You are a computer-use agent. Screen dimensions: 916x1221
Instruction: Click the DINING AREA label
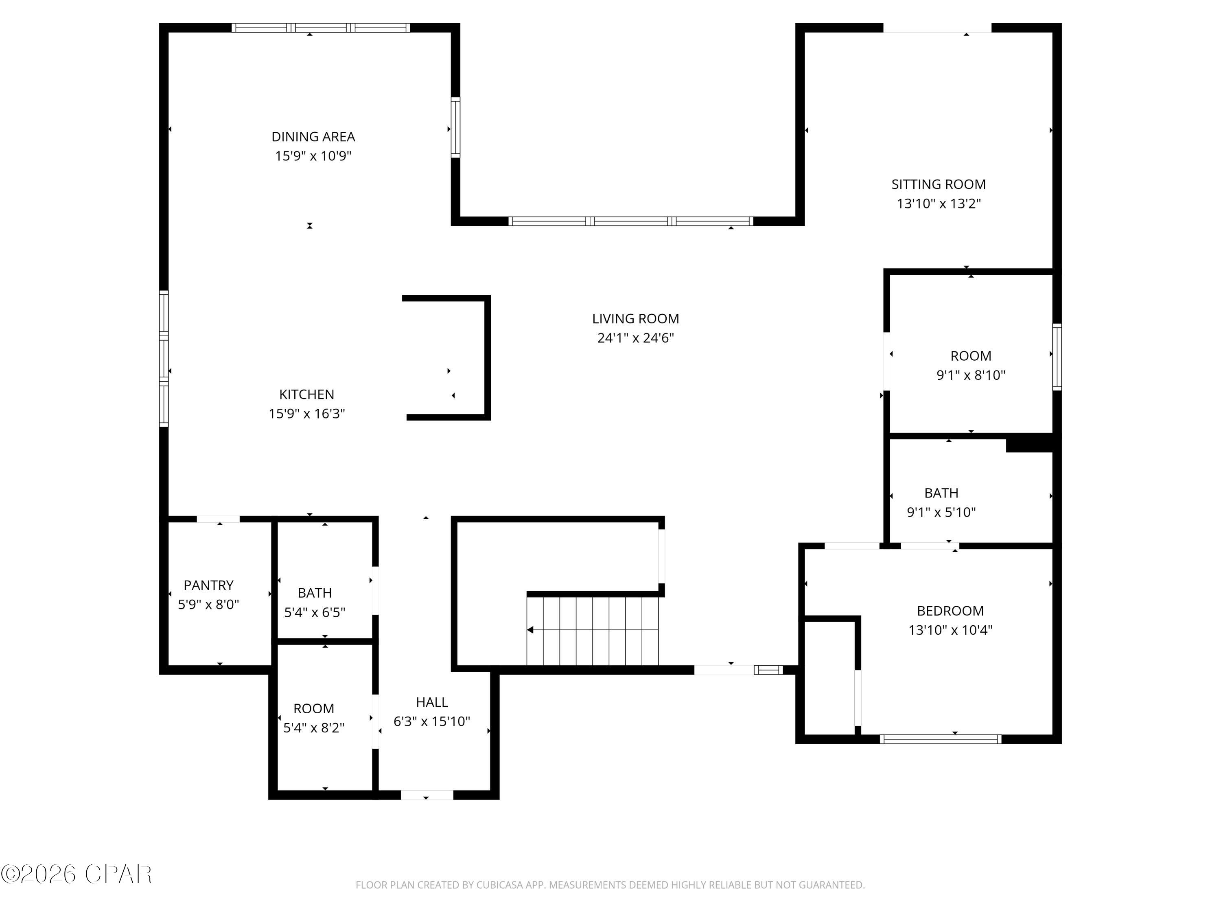(313, 136)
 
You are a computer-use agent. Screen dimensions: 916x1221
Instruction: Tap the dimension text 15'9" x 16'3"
(307, 414)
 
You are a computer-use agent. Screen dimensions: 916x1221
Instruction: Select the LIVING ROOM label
(635, 319)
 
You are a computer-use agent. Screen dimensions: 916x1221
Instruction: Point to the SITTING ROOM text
(939, 184)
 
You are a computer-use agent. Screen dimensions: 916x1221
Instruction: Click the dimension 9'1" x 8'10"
(971, 375)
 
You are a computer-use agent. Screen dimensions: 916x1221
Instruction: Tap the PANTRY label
(209, 585)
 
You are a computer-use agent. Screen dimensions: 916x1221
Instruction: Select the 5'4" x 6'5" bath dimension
(315, 612)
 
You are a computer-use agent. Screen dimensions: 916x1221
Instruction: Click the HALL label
(432, 702)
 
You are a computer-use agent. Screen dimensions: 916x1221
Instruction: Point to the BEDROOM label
(950, 611)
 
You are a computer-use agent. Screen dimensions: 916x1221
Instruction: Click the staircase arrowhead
(530, 630)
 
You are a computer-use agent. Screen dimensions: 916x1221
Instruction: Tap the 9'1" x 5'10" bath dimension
(941, 513)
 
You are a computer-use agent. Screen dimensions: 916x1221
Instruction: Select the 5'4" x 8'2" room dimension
(313, 728)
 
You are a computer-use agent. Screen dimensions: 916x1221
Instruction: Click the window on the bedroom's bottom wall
(940, 739)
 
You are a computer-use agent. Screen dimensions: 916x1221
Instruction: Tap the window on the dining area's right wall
(455, 127)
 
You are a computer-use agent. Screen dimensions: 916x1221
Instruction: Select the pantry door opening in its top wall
(219, 519)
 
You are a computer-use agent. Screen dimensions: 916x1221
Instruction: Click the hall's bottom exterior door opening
(427, 795)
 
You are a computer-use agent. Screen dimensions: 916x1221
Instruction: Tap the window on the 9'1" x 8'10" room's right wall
(1057, 357)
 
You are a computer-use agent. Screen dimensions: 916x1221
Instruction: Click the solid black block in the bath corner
(1029, 443)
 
